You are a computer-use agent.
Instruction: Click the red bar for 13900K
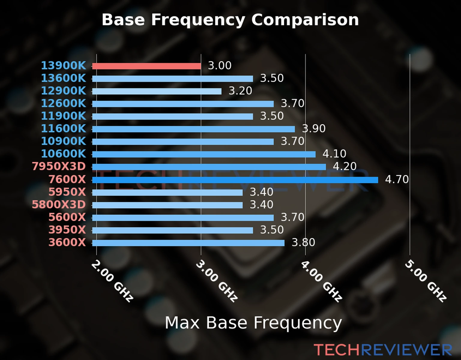pyautogui.click(x=146, y=66)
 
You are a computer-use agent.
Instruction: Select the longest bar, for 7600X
pyautogui.click(x=235, y=180)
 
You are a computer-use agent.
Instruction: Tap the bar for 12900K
pyautogui.click(x=157, y=91)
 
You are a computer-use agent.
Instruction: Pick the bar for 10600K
pyautogui.click(x=204, y=154)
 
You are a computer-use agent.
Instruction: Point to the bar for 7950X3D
pyautogui.click(x=209, y=167)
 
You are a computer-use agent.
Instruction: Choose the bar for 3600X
pyautogui.click(x=188, y=243)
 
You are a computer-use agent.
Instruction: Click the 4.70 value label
pyautogui.click(x=397, y=179)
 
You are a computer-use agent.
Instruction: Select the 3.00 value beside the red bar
pyautogui.click(x=220, y=65)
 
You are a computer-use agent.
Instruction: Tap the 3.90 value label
pyautogui.click(x=314, y=128)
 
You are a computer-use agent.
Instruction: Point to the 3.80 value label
pyautogui.click(x=303, y=242)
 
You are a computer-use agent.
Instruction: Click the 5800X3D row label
pyautogui.click(x=59, y=205)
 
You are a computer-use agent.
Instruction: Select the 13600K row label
pyautogui.click(x=63, y=78)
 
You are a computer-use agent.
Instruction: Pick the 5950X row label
pyautogui.click(x=67, y=192)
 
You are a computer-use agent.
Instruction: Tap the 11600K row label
pyautogui.click(x=63, y=128)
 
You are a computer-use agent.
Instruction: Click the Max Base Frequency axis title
pyautogui.click(x=253, y=323)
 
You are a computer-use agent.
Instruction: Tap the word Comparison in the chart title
pyautogui.click(x=305, y=20)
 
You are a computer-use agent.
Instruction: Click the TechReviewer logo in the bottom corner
pyautogui.click(x=383, y=350)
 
